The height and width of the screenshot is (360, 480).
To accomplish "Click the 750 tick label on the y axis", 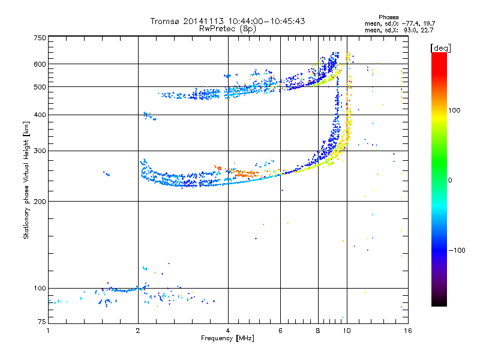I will click(x=40, y=37).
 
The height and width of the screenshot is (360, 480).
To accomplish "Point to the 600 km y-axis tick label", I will click(x=40, y=64).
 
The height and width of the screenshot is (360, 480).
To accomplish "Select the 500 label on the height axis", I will click(x=40, y=86).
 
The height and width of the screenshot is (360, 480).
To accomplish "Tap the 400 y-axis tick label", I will click(x=40, y=115).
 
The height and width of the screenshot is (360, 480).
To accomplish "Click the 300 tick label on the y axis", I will click(x=40, y=150).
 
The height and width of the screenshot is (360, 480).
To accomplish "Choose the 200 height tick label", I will click(x=40, y=201).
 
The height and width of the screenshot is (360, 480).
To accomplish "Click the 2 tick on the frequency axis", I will click(x=138, y=331).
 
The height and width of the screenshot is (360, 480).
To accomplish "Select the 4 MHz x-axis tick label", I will click(x=228, y=331).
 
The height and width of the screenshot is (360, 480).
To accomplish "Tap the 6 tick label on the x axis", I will click(x=281, y=331).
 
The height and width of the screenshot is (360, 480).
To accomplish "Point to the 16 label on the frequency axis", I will click(x=408, y=331).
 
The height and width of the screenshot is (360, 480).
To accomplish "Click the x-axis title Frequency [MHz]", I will click(x=227, y=339).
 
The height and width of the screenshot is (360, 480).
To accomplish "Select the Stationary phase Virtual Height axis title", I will click(x=26, y=181).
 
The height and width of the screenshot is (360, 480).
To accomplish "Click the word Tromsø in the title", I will click(x=164, y=21).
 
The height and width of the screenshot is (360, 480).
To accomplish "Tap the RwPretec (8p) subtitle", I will click(x=227, y=28).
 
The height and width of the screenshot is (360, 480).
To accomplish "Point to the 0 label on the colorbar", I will click(x=451, y=180).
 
